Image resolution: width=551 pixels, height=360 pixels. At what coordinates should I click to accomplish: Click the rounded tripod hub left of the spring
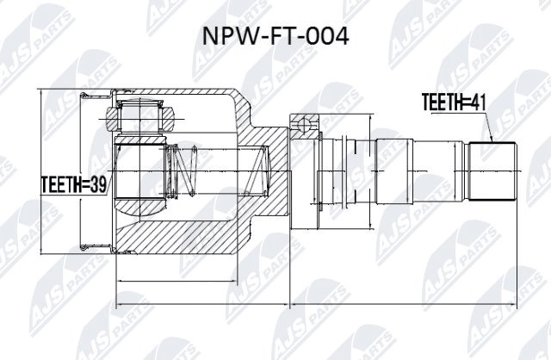tap(138, 177)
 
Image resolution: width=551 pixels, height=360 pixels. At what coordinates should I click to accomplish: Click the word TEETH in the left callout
tap(60, 183)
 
